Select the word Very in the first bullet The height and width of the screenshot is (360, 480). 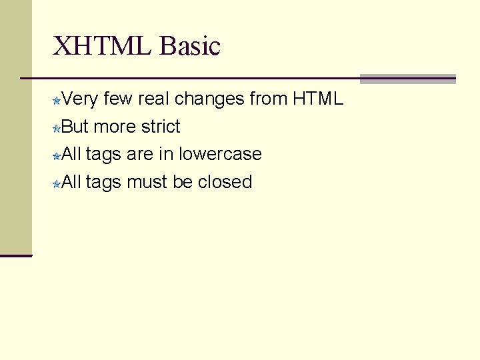pyautogui.click(x=81, y=99)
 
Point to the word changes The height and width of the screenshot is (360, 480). pyautogui.click(x=210, y=100)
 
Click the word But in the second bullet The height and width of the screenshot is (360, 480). pyautogui.click(x=75, y=127)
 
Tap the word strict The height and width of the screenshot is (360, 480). pyautogui.click(x=158, y=127)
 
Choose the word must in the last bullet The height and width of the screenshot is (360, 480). pyautogui.click(x=147, y=181)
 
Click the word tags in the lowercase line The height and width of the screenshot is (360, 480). pyautogui.click(x=103, y=155)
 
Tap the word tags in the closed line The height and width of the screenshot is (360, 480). pyautogui.click(x=103, y=182)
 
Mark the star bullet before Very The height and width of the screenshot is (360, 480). pyautogui.click(x=57, y=101)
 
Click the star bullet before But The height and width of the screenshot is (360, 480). pyautogui.click(x=57, y=128)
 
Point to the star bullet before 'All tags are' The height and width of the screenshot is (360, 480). pyautogui.click(x=57, y=155)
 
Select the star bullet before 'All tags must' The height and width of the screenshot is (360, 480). pyautogui.click(x=57, y=183)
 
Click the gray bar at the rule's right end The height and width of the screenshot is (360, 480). pyautogui.click(x=407, y=79)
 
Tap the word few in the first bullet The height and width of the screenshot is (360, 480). pyautogui.click(x=118, y=99)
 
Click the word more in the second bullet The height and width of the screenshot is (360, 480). pyautogui.click(x=115, y=127)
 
